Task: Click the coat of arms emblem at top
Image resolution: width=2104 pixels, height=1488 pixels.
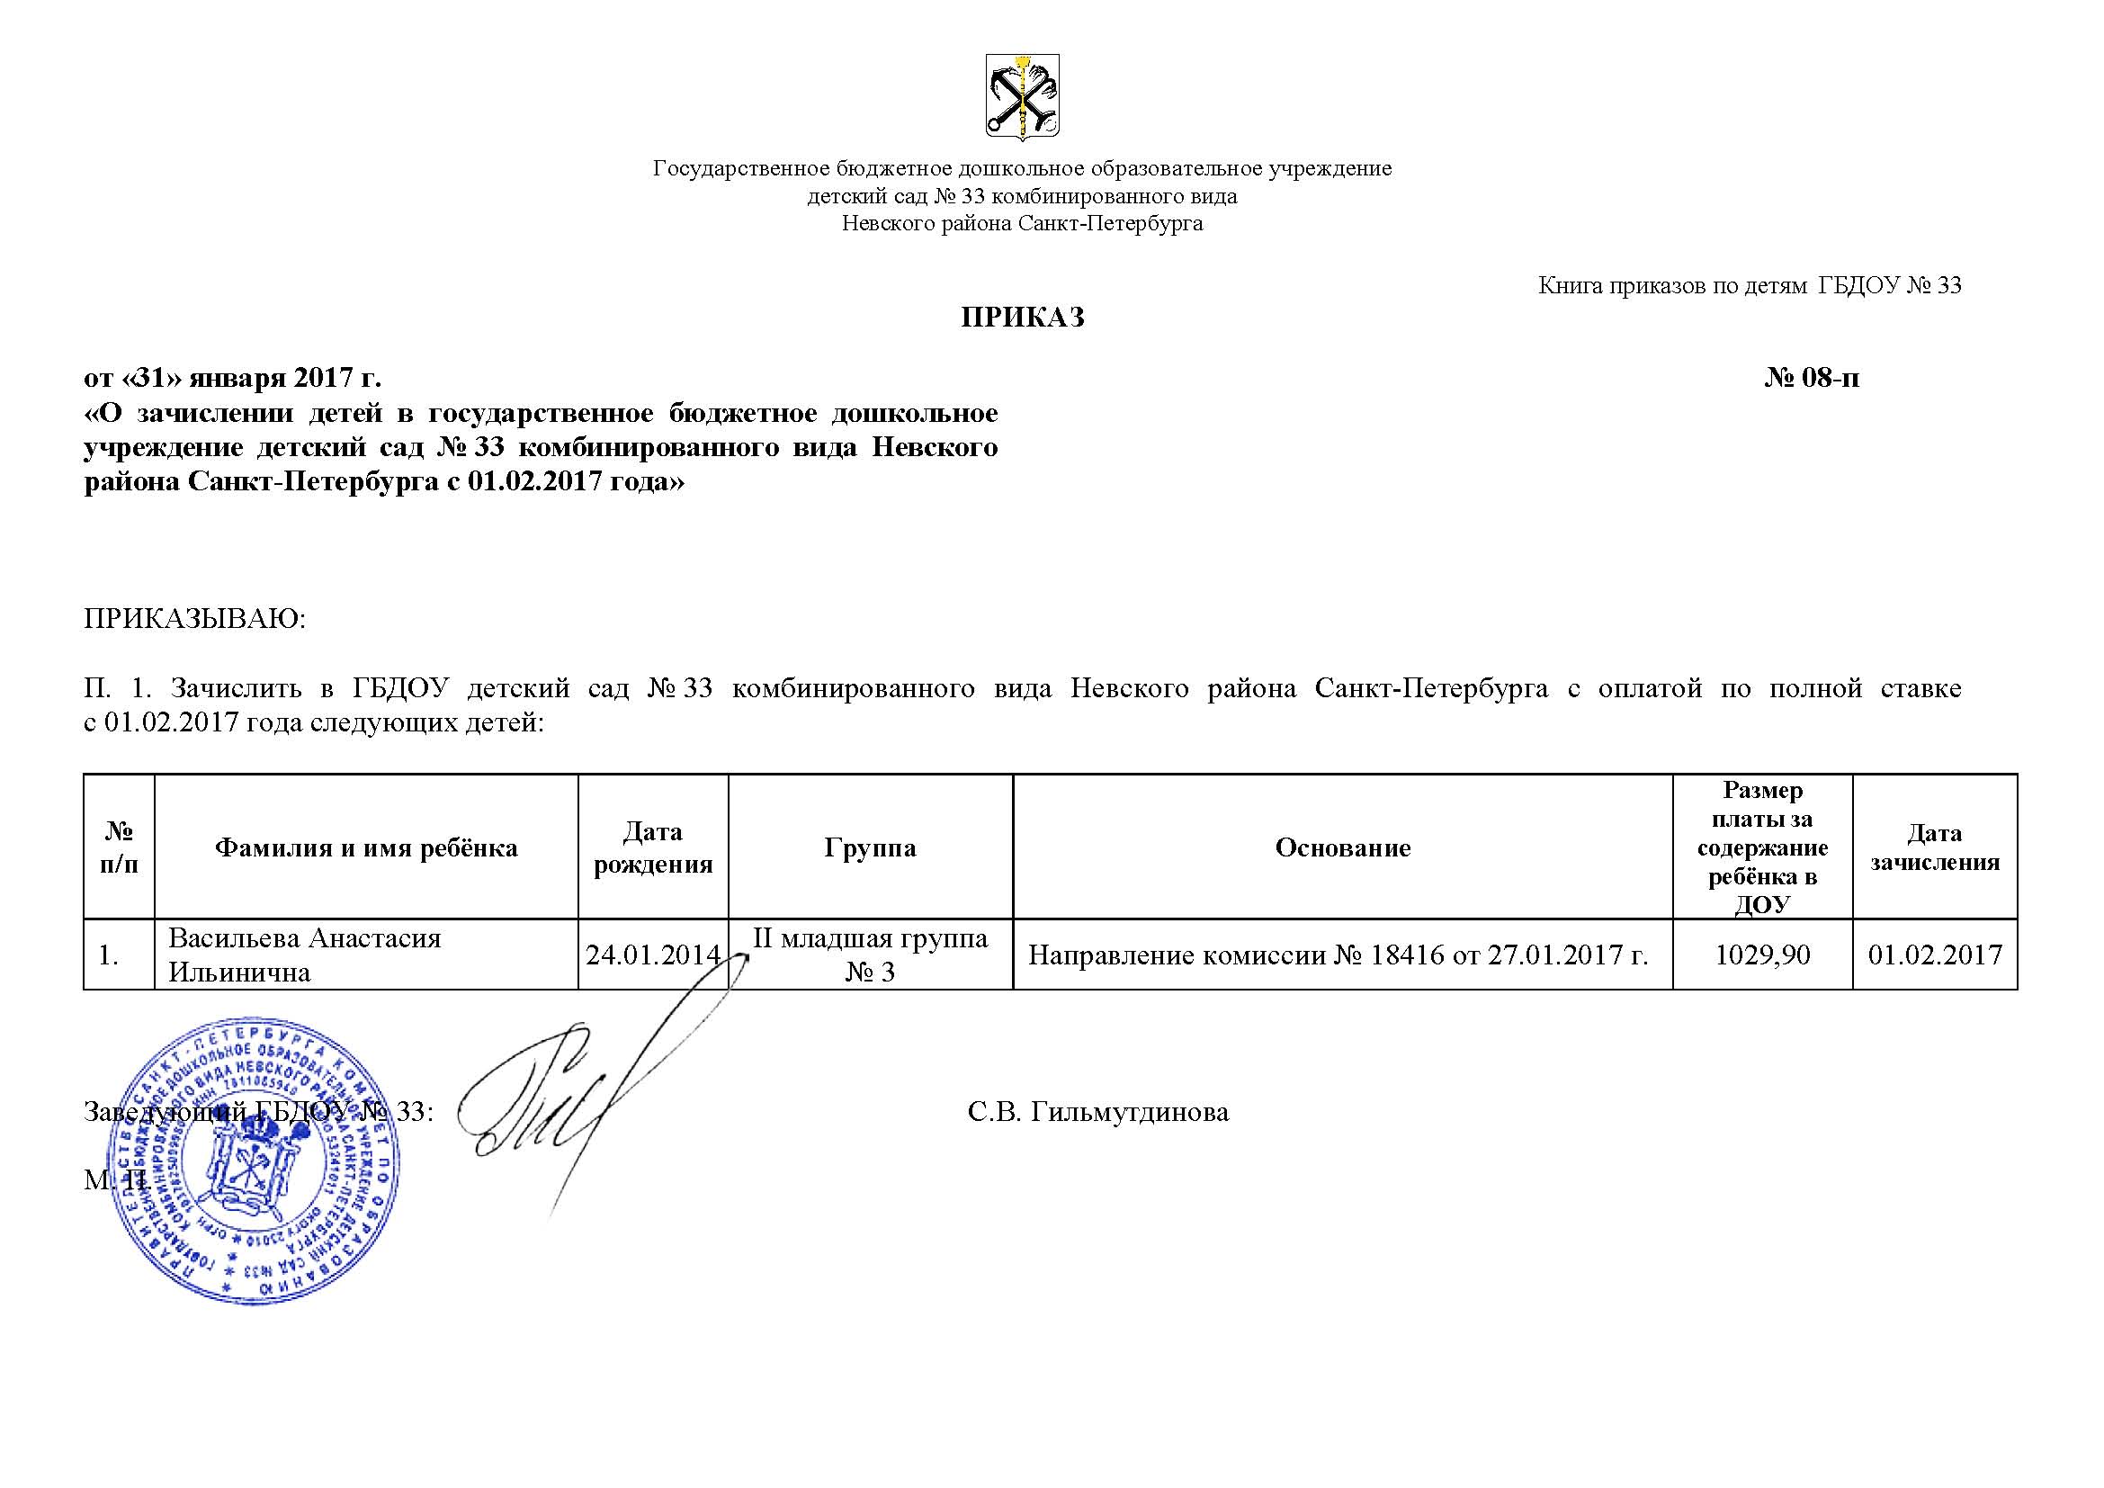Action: (x=1022, y=96)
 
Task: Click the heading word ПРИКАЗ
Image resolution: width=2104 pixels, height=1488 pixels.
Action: (x=1022, y=317)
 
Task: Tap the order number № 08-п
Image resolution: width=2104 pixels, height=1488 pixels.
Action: (x=1812, y=378)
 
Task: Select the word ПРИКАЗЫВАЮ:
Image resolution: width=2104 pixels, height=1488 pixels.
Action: (x=194, y=618)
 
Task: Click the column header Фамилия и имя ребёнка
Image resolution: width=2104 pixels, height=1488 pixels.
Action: (x=365, y=847)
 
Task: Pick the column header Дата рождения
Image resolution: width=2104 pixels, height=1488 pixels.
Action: (x=652, y=847)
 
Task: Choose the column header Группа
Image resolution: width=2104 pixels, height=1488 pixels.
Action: (x=870, y=847)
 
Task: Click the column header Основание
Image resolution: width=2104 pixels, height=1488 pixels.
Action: (x=1342, y=847)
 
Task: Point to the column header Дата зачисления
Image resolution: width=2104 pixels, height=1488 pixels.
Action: (x=1935, y=847)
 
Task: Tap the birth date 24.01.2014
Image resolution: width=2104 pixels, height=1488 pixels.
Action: (x=652, y=955)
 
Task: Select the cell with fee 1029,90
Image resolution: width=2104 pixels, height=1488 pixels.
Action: (x=1762, y=955)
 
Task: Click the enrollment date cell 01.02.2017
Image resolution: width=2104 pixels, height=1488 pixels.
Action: (x=1935, y=955)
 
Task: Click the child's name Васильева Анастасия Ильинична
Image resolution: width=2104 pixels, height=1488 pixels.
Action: (x=304, y=955)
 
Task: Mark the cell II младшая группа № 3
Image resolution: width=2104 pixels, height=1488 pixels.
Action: (x=870, y=955)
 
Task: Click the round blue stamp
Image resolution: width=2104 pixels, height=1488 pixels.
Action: (x=253, y=1159)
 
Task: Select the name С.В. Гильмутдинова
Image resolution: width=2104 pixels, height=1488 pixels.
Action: (x=1097, y=1111)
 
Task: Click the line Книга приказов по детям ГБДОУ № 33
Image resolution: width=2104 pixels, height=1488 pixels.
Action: (x=1750, y=286)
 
